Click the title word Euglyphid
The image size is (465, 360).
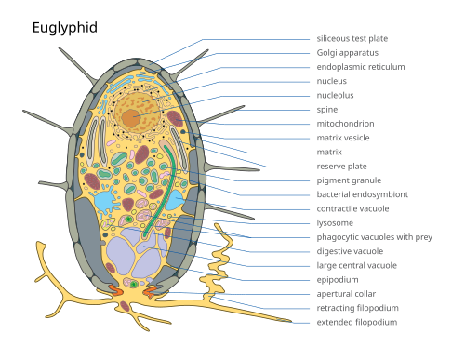coord(65,28)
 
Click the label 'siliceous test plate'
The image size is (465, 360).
coord(352,39)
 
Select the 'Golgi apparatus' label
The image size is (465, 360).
coord(348,53)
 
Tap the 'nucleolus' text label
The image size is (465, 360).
coord(335,95)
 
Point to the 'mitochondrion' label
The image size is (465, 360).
coord(345,124)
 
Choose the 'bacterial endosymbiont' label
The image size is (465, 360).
coord(363,194)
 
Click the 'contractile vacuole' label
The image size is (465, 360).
coord(352,208)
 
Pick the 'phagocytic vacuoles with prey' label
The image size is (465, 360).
coord(374,237)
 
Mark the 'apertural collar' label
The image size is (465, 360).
coord(346,294)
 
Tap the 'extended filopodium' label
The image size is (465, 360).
coord(357,322)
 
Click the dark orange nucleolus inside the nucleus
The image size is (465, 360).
coord(131,118)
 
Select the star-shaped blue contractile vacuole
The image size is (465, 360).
coord(105,200)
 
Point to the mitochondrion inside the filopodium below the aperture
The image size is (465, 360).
coord(125,306)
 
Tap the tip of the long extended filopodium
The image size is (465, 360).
coord(291,322)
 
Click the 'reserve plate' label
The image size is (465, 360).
coord(341,167)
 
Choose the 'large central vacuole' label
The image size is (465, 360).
coord(356,265)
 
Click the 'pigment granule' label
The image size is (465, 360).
coord(349,180)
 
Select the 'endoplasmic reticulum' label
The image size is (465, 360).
coord(361,67)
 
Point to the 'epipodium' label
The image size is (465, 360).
coord(338,280)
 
